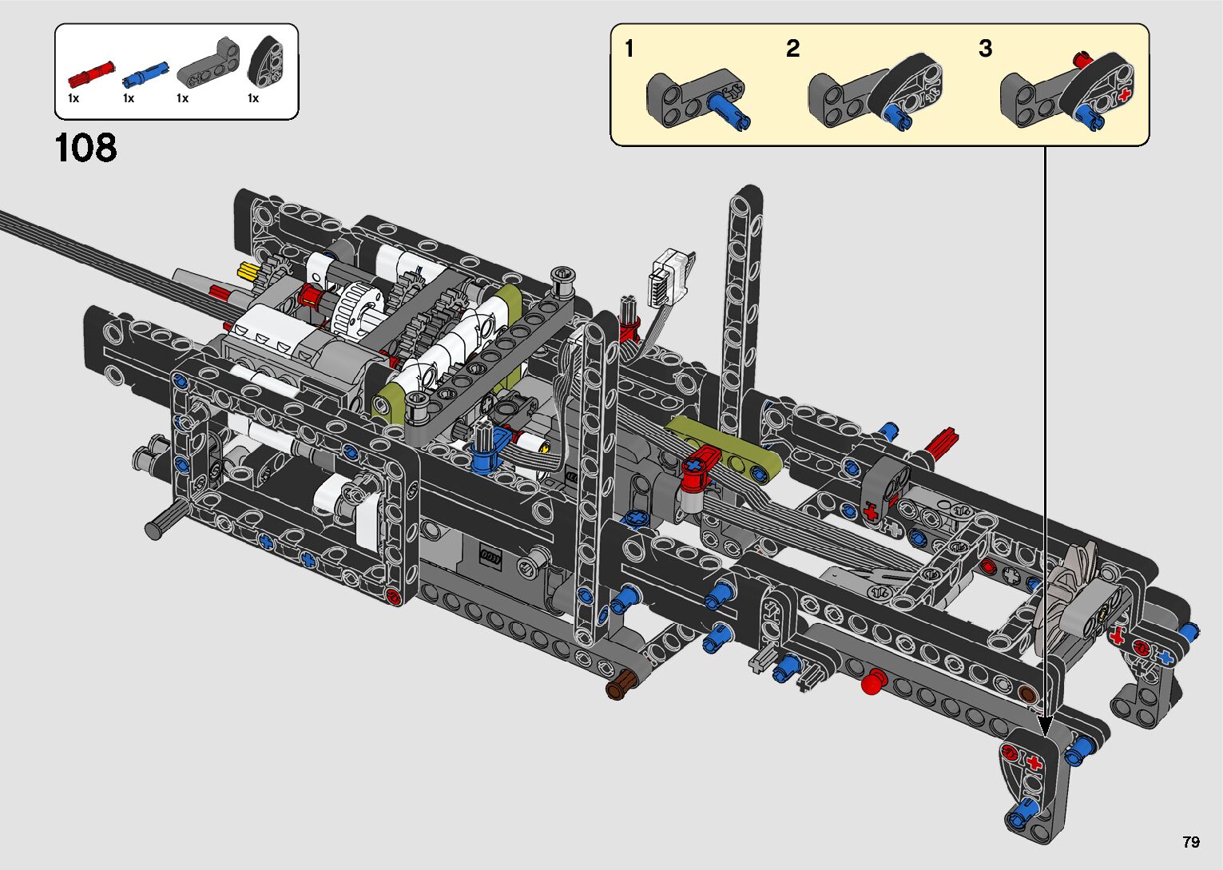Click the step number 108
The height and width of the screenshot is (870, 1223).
(85, 148)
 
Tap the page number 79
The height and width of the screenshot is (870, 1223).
(1191, 841)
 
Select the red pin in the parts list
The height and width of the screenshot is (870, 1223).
(91, 73)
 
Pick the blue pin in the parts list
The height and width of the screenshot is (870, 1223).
(145, 73)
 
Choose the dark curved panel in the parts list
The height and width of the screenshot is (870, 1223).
(267, 63)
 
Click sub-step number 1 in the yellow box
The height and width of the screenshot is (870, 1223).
(629, 49)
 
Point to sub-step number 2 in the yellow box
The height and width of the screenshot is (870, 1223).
(792, 49)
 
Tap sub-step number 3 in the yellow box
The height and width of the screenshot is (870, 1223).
(986, 49)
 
